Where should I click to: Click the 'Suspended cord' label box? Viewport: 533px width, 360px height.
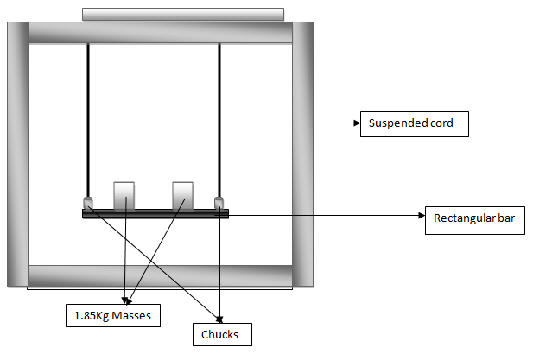pos(415,124)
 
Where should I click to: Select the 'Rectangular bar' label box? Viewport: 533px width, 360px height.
pos(475,220)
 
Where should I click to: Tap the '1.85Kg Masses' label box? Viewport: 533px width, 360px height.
pos(113,315)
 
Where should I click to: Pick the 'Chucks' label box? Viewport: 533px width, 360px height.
pos(222,334)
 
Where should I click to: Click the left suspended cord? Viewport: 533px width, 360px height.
pos(88,120)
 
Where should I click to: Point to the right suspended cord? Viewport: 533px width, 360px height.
pos(219,120)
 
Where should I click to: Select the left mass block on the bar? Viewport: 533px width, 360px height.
pos(124,196)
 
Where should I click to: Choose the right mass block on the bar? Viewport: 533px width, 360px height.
pos(183,196)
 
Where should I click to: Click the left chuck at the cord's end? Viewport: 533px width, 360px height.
pos(88,203)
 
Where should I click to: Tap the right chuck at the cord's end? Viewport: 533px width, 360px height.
pos(219,203)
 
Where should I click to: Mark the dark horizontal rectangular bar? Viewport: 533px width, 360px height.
pos(155,213)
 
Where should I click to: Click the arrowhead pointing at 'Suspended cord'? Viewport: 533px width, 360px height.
pos(357,123)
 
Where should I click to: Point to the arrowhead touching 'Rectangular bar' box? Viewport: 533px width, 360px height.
pos(422,215)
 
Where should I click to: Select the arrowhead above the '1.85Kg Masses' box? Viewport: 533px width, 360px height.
pos(126,300)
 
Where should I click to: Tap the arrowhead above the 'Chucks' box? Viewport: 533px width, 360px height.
pos(219,319)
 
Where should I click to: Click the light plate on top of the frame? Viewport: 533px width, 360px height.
pos(183,15)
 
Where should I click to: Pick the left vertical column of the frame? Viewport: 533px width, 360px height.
pos(17,155)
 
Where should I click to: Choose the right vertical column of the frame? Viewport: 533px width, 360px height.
pos(302,155)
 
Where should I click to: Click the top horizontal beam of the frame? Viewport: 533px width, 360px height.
pos(160,33)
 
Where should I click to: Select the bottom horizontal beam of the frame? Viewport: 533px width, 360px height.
pos(160,275)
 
